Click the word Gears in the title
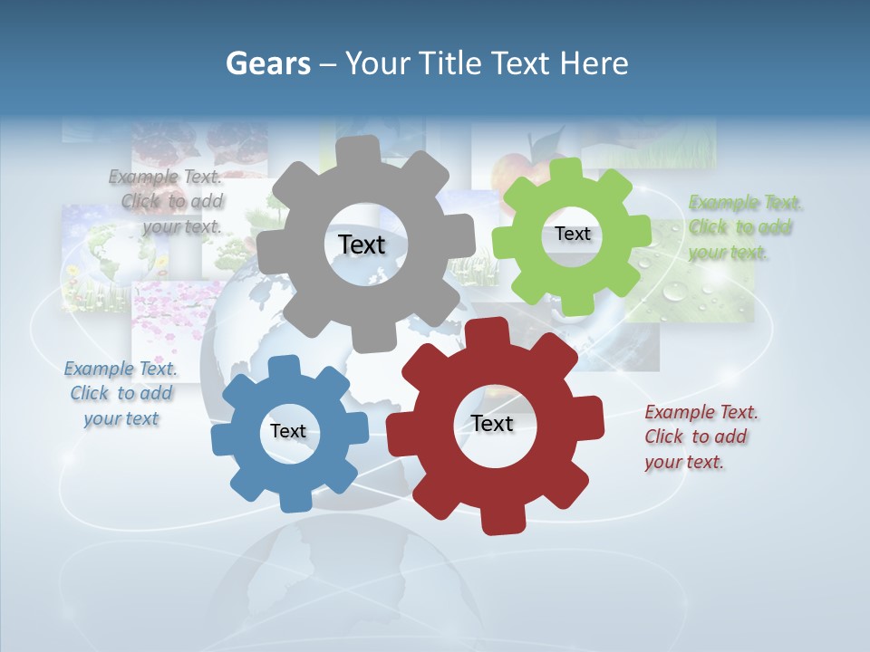coord(268,63)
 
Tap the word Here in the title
coord(594,63)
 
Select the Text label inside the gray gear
coord(362,244)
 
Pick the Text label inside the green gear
coord(572,234)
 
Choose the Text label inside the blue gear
coord(287,431)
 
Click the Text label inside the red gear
coord(491,423)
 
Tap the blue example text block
coord(121,393)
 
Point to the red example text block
coord(701,436)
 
